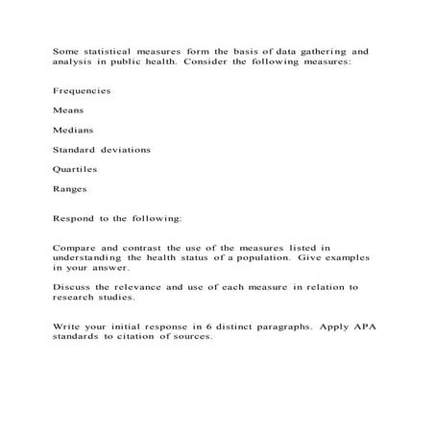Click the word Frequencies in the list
coord(82,91)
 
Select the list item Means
coord(68,110)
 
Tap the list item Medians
coord(73,131)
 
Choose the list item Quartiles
coord(76,169)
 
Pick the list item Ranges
coord(70,189)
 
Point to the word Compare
coord(76,248)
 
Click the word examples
coord(339,257)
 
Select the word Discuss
coord(74,287)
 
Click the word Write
coord(68,326)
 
